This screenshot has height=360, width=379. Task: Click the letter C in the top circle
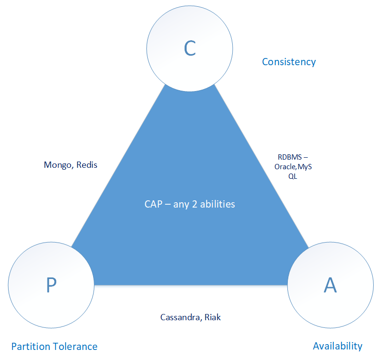point(190,48)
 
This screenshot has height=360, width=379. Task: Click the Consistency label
point(289,62)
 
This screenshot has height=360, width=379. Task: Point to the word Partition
point(30,346)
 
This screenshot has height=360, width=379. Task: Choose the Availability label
point(337,346)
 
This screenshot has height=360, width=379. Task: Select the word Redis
point(86,165)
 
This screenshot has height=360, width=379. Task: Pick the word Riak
point(213,317)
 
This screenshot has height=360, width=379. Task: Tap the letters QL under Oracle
point(292,175)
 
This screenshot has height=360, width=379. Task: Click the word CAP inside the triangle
point(154,204)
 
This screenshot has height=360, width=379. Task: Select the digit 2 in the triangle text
point(194,204)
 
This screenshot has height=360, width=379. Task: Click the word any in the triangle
point(181,204)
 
